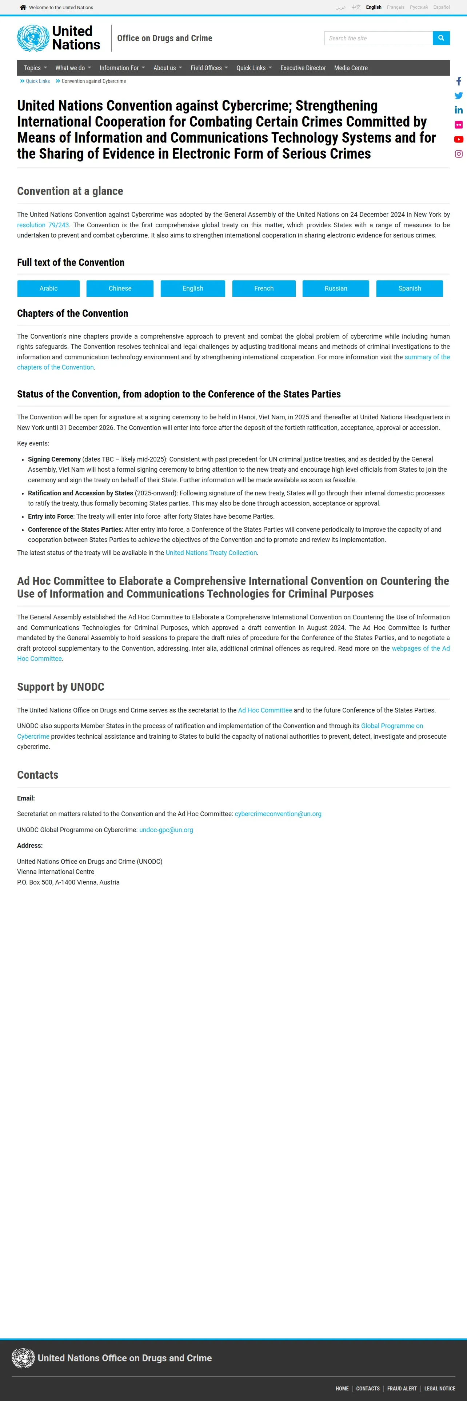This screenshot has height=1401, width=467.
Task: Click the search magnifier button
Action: (441, 38)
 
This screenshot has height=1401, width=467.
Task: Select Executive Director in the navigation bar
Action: (303, 68)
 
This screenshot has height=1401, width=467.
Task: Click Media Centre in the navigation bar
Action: (351, 68)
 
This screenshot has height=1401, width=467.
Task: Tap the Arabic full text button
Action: (48, 288)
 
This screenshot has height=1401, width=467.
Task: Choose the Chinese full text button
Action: (120, 288)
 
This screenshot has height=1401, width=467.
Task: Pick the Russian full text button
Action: (335, 288)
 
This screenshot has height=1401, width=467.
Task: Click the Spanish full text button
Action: (410, 288)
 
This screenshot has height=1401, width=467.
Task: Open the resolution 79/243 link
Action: (43, 225)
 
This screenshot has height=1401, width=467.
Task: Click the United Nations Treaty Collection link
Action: (211, 552)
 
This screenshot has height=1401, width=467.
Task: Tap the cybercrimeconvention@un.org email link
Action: (278, 814)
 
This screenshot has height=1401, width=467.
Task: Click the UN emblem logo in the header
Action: (33, 38)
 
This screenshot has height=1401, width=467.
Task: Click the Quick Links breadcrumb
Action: (37, 81)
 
